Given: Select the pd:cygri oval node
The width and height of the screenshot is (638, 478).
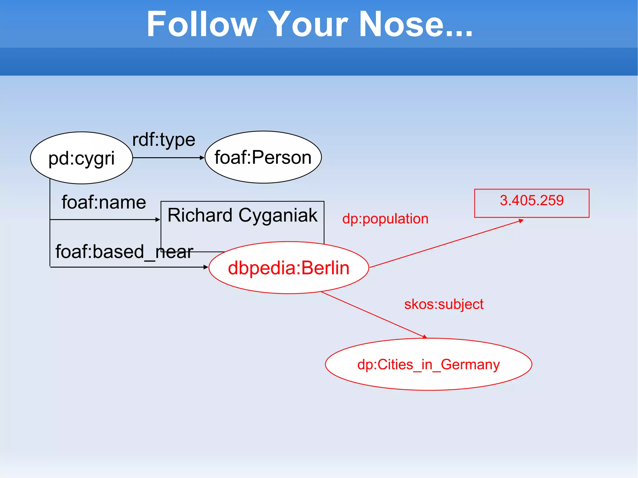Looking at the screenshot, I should point(82,158).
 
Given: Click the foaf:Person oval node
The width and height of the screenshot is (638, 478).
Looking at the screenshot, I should point(263,157).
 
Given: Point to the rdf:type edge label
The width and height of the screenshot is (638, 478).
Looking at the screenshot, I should point(164,140).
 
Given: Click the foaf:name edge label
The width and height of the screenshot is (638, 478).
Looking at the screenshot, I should point(104,202).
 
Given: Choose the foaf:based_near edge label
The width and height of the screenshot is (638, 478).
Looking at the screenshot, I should point(124,252).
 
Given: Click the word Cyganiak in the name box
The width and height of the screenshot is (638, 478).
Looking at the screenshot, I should point(278,215).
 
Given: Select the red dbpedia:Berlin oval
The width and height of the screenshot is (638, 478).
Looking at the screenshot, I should point(288,268).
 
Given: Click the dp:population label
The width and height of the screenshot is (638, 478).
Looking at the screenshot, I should point(385,219).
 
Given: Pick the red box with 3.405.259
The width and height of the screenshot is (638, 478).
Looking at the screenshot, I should point(531,203).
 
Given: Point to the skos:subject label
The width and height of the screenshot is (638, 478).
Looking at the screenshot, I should point(444,304).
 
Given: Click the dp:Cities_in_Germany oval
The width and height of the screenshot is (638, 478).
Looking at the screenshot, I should point(428,364).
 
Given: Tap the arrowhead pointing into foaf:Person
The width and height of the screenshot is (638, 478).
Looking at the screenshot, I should point(202,158).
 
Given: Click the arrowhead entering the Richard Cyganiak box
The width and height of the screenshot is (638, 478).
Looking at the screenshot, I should point(158,220).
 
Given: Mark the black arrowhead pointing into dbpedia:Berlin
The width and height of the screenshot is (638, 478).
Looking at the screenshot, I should point(206,267).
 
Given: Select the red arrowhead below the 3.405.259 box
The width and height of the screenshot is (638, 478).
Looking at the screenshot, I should point(521,221).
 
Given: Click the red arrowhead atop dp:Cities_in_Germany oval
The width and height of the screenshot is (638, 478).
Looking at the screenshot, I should point(425,337).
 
